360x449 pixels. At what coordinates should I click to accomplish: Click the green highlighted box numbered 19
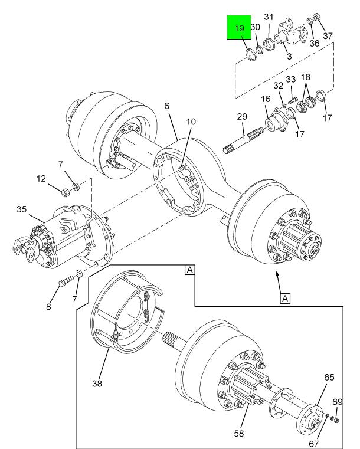point(239,27)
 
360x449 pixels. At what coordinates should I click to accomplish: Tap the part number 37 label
point(328,36)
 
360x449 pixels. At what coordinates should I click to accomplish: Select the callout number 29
point(242,117)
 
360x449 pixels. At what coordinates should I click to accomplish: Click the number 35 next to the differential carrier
point(21,209)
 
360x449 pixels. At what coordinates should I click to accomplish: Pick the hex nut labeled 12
point(65,192)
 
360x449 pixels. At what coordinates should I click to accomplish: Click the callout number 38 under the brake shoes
point(97,383)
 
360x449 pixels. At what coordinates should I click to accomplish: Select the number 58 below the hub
point(239,433)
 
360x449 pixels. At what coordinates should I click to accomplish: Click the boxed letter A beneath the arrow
point(285,299)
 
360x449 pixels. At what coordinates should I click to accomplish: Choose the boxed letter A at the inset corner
point(189,270)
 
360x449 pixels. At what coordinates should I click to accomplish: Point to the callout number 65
point(329,377)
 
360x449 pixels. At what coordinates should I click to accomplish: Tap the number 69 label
point(338,402)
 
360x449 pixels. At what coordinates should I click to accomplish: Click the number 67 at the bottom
point(314,444)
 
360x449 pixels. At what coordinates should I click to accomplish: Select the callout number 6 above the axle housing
point(167,106)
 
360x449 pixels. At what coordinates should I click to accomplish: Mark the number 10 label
point(191,122)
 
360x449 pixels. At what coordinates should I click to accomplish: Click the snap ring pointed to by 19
point(251,54)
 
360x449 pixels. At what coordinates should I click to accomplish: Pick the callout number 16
point(266,99)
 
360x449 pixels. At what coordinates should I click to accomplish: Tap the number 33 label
point(291,79)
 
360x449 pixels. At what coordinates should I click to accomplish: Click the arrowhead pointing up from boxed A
point(277,274)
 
